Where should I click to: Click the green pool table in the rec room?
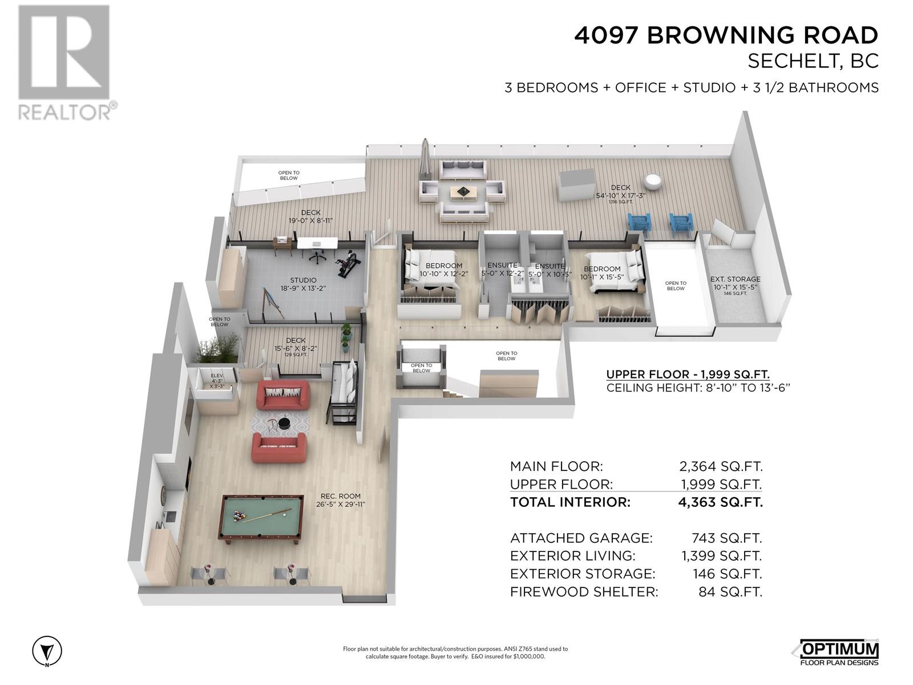tap(262, 519)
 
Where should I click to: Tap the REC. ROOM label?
tap(340, 496)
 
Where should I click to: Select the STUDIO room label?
tap(303, 280)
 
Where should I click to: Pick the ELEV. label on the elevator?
tap(217, 376)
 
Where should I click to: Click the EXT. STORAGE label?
tap(736, 279)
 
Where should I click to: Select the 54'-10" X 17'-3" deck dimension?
tap(621, 195)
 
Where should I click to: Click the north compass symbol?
tap(47, 650)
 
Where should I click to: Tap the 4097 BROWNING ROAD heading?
tap(726, 35)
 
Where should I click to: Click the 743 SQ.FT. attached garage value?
tap(726, 538)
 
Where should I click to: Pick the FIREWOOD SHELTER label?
tap(584, 592)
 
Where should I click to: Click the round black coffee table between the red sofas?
tap(285, 423)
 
